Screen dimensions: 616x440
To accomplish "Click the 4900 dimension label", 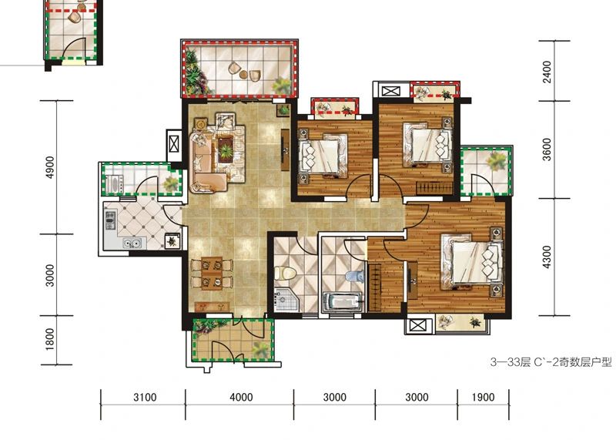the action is click(50, 167).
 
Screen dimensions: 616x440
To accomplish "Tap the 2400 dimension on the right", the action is click(547, 72).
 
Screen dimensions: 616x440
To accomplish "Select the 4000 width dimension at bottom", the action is click(241, 397).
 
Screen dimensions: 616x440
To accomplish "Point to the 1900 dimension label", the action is click(484, 397).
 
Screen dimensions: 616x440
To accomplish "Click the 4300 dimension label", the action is click(547, 257).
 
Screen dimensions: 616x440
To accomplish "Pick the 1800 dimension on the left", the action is click(50, 339).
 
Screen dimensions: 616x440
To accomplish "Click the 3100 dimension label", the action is click(145, 397).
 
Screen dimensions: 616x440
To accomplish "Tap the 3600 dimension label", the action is click(547, 149).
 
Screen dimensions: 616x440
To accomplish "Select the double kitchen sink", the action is click(132, 244).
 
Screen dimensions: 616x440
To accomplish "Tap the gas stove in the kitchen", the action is click(111, 220).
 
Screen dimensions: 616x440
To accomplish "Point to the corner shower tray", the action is click(286, 299).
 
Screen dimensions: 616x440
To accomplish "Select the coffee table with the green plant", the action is click(225, 149).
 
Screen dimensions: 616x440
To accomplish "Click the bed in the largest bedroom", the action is click(472, 262).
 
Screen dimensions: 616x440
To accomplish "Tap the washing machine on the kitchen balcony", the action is click(113, 184).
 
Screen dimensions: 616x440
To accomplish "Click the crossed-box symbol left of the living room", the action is click(174, 145).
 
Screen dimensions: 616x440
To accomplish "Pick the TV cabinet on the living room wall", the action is click(285, 149).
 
